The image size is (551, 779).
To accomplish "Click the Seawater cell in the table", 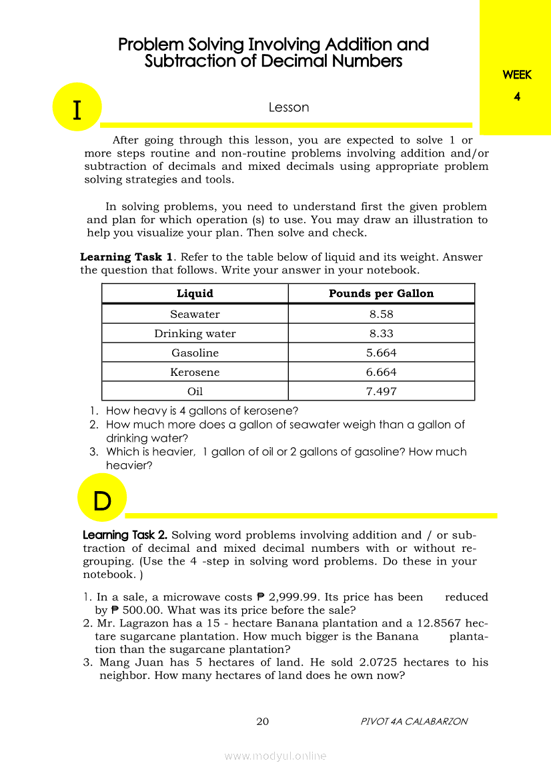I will point(195,314).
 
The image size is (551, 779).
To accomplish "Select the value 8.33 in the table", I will point(381,333).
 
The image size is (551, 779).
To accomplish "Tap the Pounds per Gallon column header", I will point(381,293).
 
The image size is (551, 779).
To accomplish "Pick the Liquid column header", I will point(195,293).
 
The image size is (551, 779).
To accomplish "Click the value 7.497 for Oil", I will point(381,391).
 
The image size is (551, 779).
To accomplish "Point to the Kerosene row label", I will point(195,372).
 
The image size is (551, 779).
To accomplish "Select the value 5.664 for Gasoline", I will point(381,353).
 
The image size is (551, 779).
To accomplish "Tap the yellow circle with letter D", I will point(102,498).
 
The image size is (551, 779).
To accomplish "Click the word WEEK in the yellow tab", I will point(517,75).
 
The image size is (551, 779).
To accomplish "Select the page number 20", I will point(262,721).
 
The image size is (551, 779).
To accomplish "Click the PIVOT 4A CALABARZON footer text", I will point(414,721).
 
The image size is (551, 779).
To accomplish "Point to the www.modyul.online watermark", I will point(275,756).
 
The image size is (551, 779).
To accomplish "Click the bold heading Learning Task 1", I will point(127,257).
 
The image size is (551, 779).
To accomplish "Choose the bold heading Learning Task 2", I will point(125,535).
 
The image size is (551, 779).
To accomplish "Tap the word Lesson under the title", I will point(288,107).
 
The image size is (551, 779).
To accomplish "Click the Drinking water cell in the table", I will point(195,333).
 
